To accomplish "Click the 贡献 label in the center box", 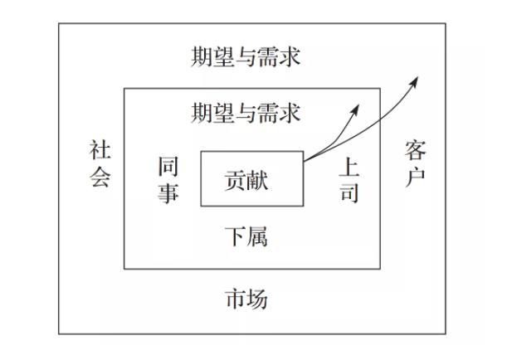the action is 246,181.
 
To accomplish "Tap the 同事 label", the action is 168,180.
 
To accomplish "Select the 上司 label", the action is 349,180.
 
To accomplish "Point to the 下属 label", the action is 246,237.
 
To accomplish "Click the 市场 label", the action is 246,299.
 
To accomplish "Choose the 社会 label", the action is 100,163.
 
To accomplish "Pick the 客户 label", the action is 415,163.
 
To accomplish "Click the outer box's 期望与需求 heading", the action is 246,57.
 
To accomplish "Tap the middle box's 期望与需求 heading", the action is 246,113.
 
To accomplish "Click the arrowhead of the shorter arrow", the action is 356,109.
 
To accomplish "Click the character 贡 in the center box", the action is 236,181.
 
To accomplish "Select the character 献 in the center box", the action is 257,181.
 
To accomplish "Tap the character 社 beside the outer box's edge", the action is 100,150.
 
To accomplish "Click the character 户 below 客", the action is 415,177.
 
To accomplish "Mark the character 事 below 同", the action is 168,193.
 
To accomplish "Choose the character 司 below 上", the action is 349,192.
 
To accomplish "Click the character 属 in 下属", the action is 257,237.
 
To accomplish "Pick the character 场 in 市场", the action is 257,299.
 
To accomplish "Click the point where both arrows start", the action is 304,161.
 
